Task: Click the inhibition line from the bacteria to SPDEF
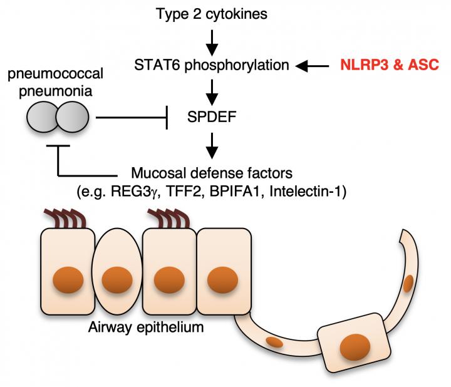pyautogui.click(x=132, y=117)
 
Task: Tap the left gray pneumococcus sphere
pyautogui.click(x=43, y=117)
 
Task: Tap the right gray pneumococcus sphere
pyautogui.click(x=71, y=117)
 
